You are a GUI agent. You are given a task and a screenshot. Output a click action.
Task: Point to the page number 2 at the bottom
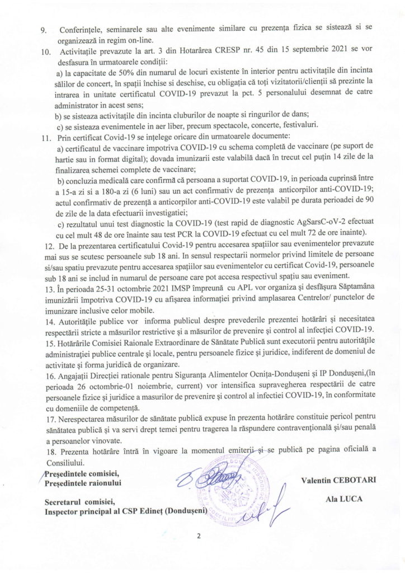[x=199, y=536]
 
